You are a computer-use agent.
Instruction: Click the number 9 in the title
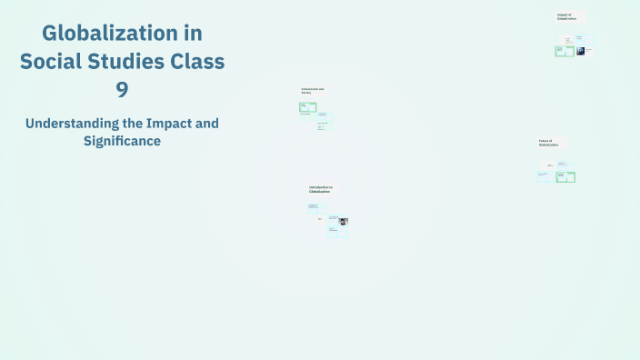[x=122, y=89]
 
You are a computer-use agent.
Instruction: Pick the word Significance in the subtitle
[x=122, y=141]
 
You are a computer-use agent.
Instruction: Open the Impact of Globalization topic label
[x=567, y=16]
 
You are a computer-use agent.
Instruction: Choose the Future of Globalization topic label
[x=546, y=143]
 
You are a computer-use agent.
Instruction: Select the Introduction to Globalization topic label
[x=321, y=190]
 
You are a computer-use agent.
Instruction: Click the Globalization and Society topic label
[x=312, y=91]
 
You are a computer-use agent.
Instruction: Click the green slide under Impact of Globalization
[x=564, y=51]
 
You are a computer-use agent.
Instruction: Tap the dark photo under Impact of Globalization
[x=580, y=52]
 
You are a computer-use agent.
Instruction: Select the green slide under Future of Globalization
[x=566, y=176]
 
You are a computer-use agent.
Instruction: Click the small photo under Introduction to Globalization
[x=343, y=222]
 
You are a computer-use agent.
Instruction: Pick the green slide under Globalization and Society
[x=308, y=107]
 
